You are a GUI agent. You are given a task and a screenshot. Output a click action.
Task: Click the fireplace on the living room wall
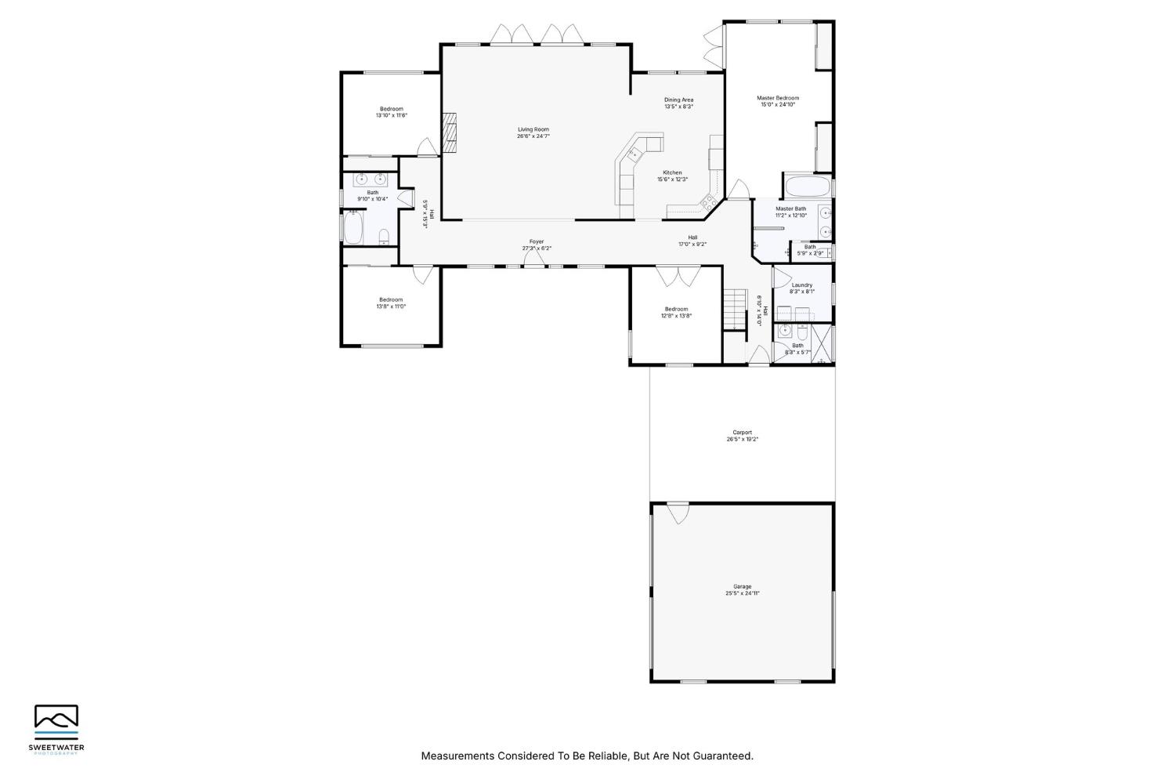449,132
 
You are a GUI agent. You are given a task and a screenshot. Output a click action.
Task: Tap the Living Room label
533,129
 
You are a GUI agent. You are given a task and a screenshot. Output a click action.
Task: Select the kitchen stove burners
708,202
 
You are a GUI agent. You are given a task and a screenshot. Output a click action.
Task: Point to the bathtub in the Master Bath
805,187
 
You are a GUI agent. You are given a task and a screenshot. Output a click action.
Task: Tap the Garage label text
742,586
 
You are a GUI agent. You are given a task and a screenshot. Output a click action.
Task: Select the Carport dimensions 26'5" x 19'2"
742,440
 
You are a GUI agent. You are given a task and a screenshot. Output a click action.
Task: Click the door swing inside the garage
678,513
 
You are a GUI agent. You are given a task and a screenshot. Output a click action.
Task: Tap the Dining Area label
678,100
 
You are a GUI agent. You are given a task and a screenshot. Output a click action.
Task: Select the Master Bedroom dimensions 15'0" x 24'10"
778,104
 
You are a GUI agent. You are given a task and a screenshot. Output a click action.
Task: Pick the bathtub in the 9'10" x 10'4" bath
352,229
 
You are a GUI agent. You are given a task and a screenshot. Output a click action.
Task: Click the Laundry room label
801,285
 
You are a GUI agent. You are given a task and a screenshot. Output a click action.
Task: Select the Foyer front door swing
535,259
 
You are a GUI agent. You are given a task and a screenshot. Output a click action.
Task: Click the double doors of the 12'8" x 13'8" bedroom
678,276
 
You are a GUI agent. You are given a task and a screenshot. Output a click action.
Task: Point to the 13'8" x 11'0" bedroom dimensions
391,306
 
